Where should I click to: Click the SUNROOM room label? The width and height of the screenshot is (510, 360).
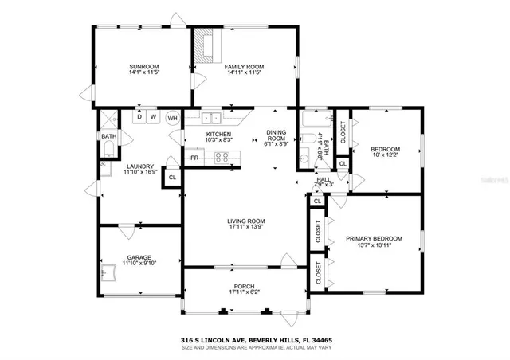(x=144, y=66)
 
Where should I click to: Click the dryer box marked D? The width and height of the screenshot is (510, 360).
(x=139, y=117)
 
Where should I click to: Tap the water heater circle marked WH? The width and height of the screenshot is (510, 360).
(x=172, y=117)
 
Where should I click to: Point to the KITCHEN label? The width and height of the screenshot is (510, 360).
(x=218, y=135)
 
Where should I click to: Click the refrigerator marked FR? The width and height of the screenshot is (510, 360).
(x=194, y=158)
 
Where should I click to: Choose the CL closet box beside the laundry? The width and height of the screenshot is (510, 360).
(x=171, y=177)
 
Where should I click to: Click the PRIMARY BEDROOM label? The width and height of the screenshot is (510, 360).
(x=374, y=238)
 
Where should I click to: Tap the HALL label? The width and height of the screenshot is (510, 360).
(x=324, y=180)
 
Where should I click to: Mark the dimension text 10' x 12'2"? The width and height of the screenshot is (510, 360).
(x=386, y=155)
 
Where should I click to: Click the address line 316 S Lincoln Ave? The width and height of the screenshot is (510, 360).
(x=255, y=339)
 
